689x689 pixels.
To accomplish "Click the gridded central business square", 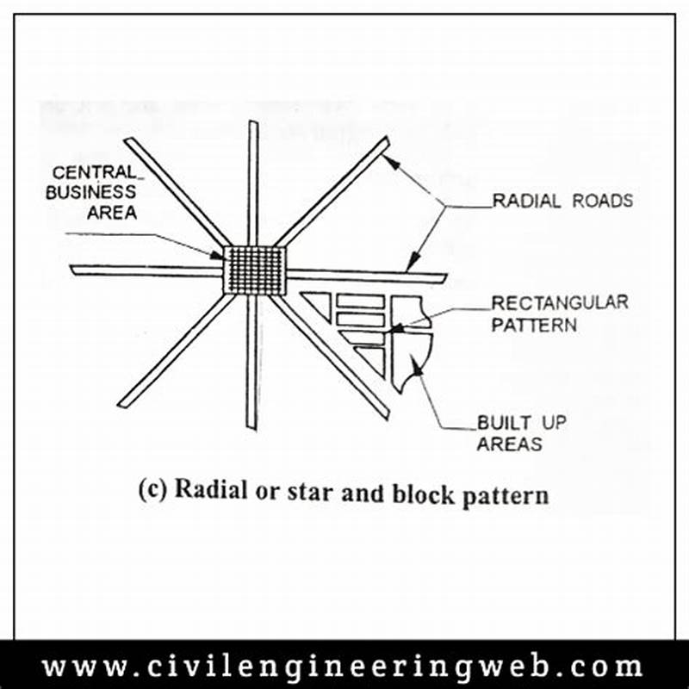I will pos(254,269).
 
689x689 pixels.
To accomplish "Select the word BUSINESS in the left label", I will pos(90,192).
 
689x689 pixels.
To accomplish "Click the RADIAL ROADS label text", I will pos(562,201).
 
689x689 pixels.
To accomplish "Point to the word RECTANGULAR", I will pos(559,303).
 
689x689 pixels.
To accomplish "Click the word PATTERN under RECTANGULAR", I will pos(534,325).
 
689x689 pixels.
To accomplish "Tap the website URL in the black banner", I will pos(343,667).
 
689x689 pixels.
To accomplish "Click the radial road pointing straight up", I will pos(253,181).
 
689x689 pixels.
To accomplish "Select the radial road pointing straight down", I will pos(251,362).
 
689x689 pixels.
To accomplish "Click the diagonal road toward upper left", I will pos(177,190).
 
